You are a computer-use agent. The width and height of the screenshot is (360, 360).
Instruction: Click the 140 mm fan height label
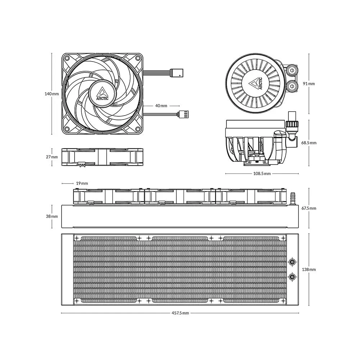(x=51, y=94)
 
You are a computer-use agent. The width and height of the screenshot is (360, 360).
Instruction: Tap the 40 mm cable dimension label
(x=161, y=105)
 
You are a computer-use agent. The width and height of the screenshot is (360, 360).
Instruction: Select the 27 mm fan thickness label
(x=52, y=157)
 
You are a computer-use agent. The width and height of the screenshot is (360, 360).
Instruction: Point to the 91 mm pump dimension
(x=309, y=84)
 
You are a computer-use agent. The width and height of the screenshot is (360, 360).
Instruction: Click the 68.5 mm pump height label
(x=309, y=143)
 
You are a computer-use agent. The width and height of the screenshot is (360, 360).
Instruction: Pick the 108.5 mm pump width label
(x=262, y=174)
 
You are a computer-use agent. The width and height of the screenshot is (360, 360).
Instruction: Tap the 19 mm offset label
(x=82, y=183)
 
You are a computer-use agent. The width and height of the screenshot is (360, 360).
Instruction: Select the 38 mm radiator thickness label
(x=52, y=216)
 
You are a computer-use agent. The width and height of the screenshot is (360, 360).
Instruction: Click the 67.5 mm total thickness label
(x=309, y=208)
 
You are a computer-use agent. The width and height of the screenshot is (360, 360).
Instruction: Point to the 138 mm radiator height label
(x=309, y=269)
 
